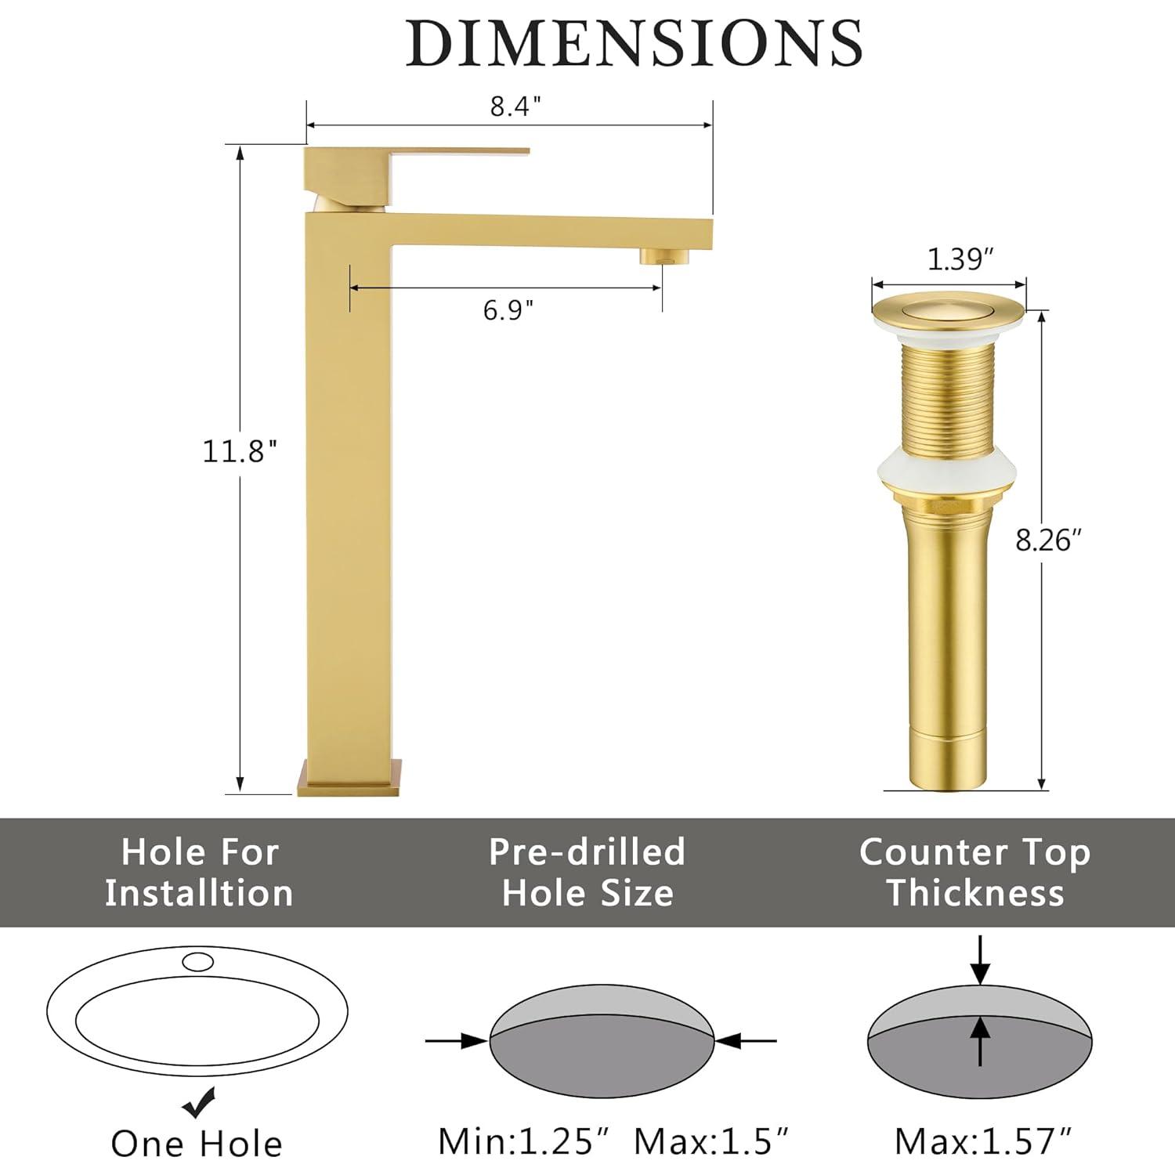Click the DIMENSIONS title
pos(634,43)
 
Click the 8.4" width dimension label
pos(515,107)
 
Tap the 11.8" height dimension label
pos(240,452)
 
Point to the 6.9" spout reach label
pos(508,310)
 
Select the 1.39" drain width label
pos(960,258)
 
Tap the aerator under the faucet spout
pos(663,256)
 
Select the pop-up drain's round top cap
pos(949,309)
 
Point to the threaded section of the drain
pos(948,399)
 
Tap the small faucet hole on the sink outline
pos(197,960)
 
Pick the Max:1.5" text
pos(710,1141)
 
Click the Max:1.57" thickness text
pos(983,1141)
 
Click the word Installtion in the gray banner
pos(199,893)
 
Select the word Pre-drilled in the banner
pos(587,852)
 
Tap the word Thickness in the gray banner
pos(975,893)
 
